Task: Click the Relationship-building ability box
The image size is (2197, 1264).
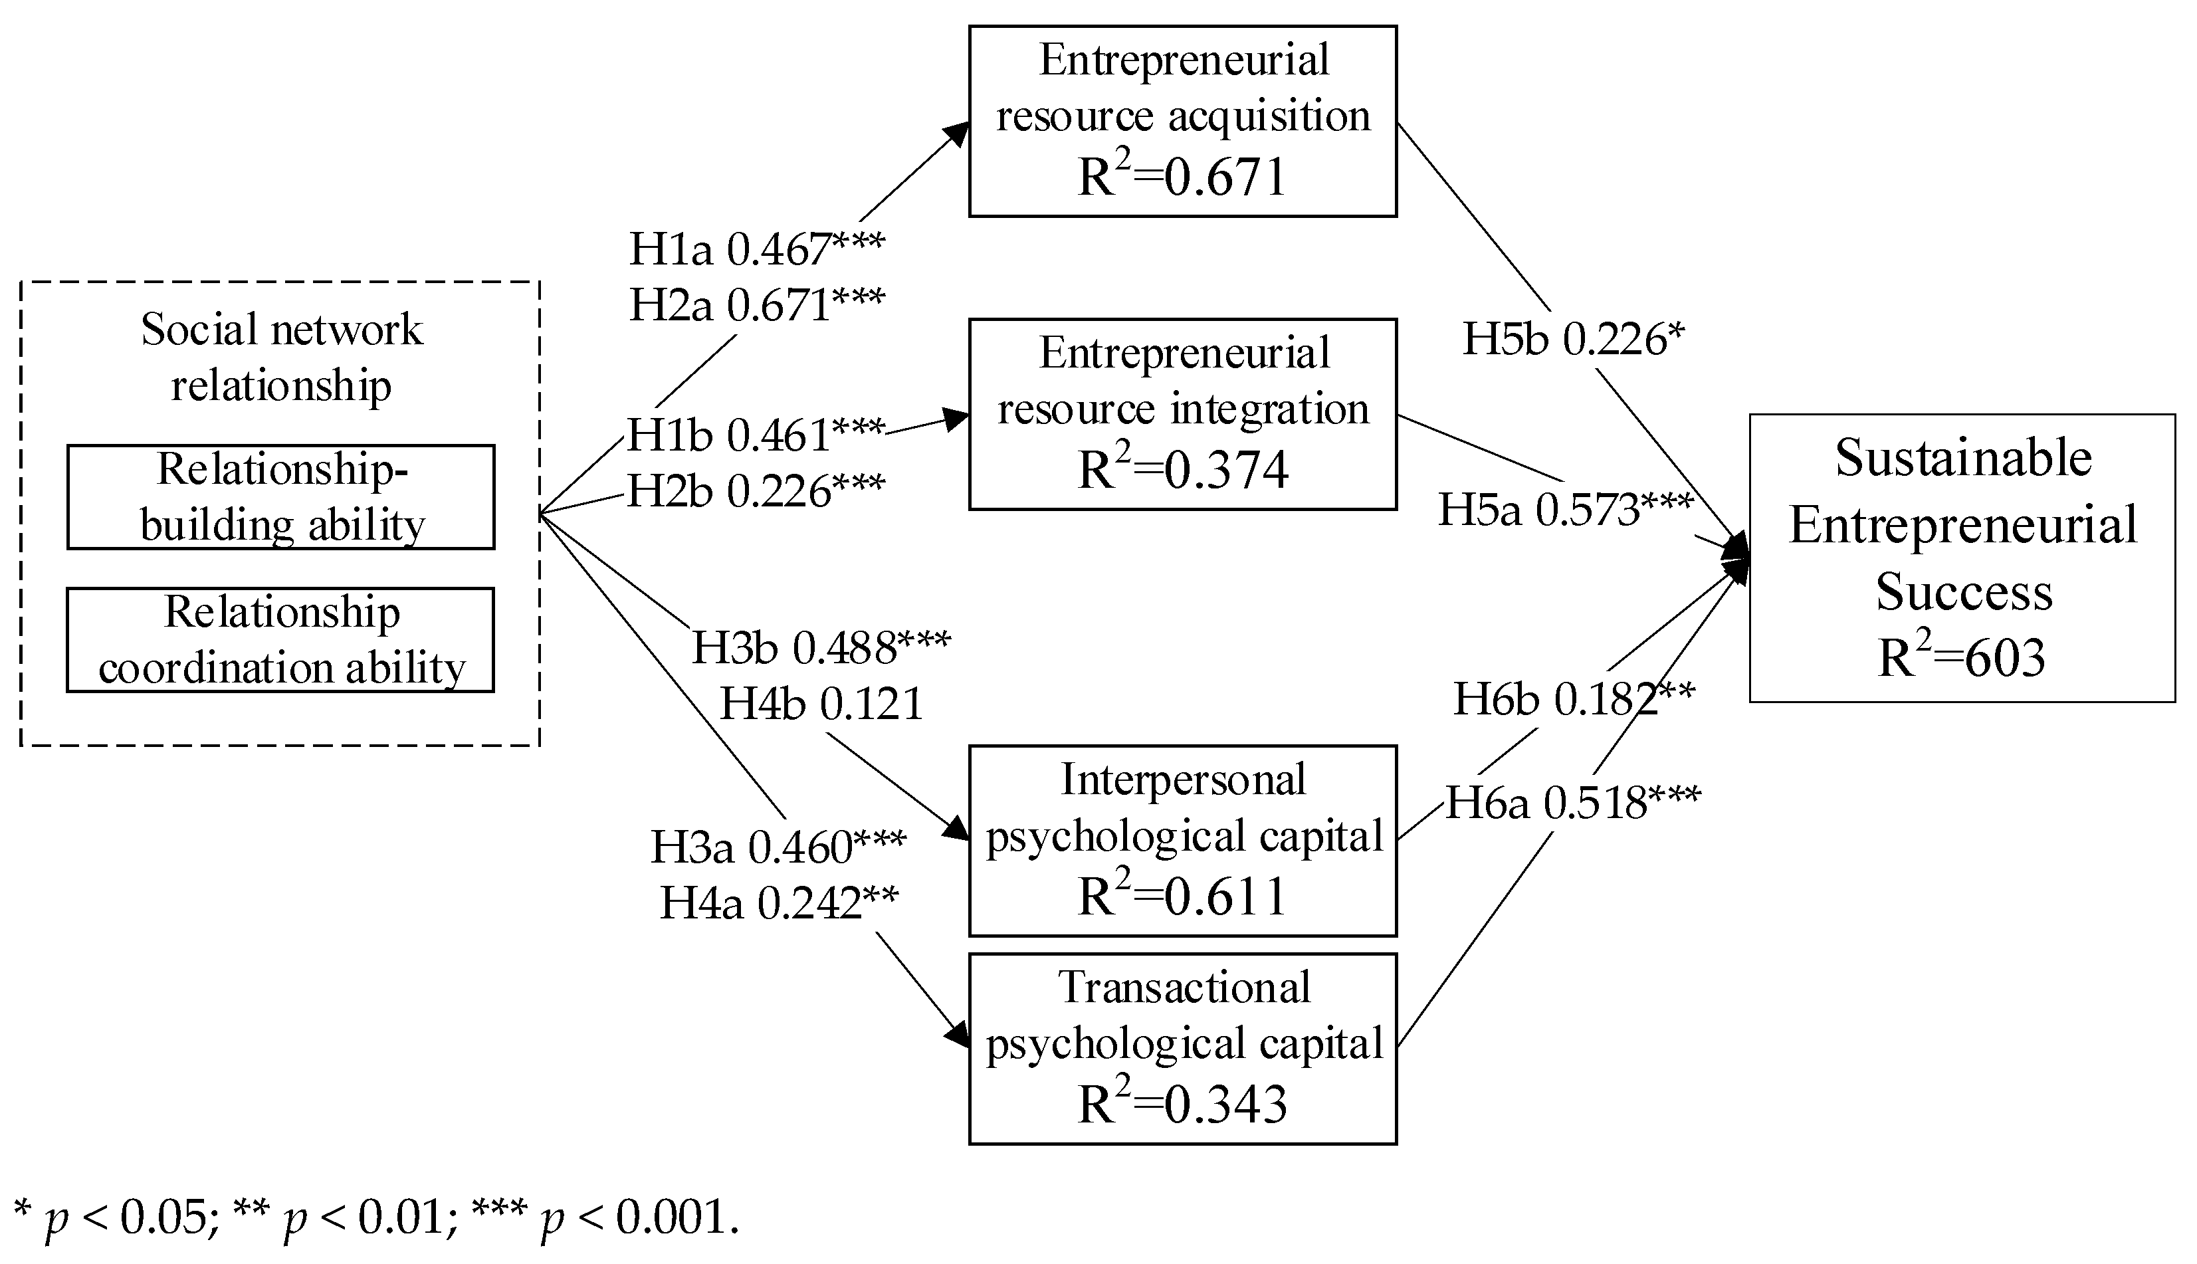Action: [280, 498]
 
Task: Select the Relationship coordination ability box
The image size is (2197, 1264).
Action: [280, 640]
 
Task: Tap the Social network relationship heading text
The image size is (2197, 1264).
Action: [280, 357]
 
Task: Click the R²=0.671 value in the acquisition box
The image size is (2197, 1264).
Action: [1182, 176]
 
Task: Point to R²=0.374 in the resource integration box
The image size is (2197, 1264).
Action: [1182, 470]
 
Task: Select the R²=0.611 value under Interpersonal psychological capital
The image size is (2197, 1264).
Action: [1182, 896]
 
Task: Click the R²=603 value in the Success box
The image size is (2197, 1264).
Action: [1961, 657]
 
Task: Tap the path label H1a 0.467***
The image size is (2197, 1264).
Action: [756, 249]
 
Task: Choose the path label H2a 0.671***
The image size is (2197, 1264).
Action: [756, 305]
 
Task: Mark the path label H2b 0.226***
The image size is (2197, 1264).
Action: [755, 491]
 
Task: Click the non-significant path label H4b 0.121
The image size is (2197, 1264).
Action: [821, 703]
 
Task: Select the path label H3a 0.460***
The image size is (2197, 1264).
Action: [778, 847]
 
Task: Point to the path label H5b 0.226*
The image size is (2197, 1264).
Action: [1573, 338]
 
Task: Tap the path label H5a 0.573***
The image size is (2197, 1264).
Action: [1565, 509]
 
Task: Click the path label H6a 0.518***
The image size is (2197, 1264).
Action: [1573, 802]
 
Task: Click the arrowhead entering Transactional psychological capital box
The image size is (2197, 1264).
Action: [958, 1037]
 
